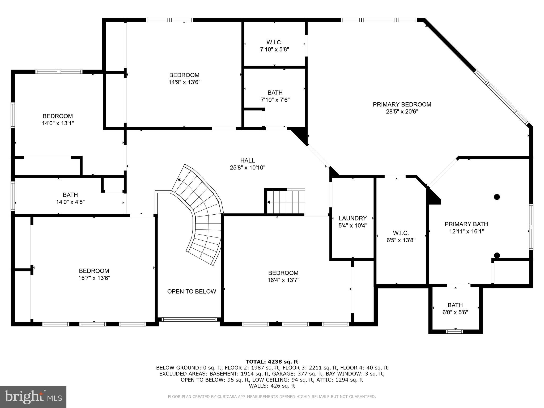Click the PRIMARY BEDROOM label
point(402,104)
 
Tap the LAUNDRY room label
point(353,218)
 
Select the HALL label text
point(248,160)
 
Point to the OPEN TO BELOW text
point(192,291)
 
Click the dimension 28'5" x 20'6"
point(402,112)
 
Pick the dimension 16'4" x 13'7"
point(283,280)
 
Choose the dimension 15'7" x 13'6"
point(94,278)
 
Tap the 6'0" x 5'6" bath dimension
point(455,312)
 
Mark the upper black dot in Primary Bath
point(497,197)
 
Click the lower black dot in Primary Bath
point(497,255)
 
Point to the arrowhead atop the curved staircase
point(179,180)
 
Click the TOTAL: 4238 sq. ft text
point(272,362)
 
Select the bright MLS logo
point(33,397)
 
